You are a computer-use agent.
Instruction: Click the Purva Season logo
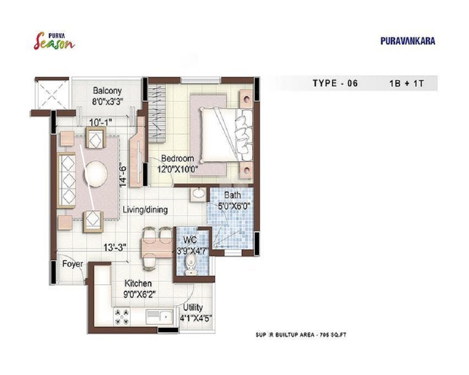[x=54, y=41]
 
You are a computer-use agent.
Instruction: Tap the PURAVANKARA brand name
[x=408, y=41]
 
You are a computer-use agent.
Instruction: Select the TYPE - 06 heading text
[x=335, y=83]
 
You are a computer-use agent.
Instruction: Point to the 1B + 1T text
[x=407, y=83]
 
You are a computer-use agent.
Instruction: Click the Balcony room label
[x=107, y=90]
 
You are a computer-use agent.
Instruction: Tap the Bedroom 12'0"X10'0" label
[x=178, y=164]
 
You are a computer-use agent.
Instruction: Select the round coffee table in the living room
[x=96, y=174]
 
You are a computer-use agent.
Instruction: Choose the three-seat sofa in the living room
[x=66, y=180]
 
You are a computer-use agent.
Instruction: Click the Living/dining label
[x=145, y=210]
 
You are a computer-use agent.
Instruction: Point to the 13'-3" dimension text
[x=115, y=247]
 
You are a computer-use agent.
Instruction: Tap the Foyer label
[x=73, y=264]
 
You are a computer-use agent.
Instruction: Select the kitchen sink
[x=159, y=317]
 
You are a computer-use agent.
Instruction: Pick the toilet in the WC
[x=190, y=264]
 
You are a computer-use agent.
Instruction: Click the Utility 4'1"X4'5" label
[x=196, y=313]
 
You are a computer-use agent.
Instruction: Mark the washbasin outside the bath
[x=198, y=194]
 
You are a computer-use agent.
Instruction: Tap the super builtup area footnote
[x=301, y=335]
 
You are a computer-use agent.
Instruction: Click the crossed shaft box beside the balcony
[x=53, y=94]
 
